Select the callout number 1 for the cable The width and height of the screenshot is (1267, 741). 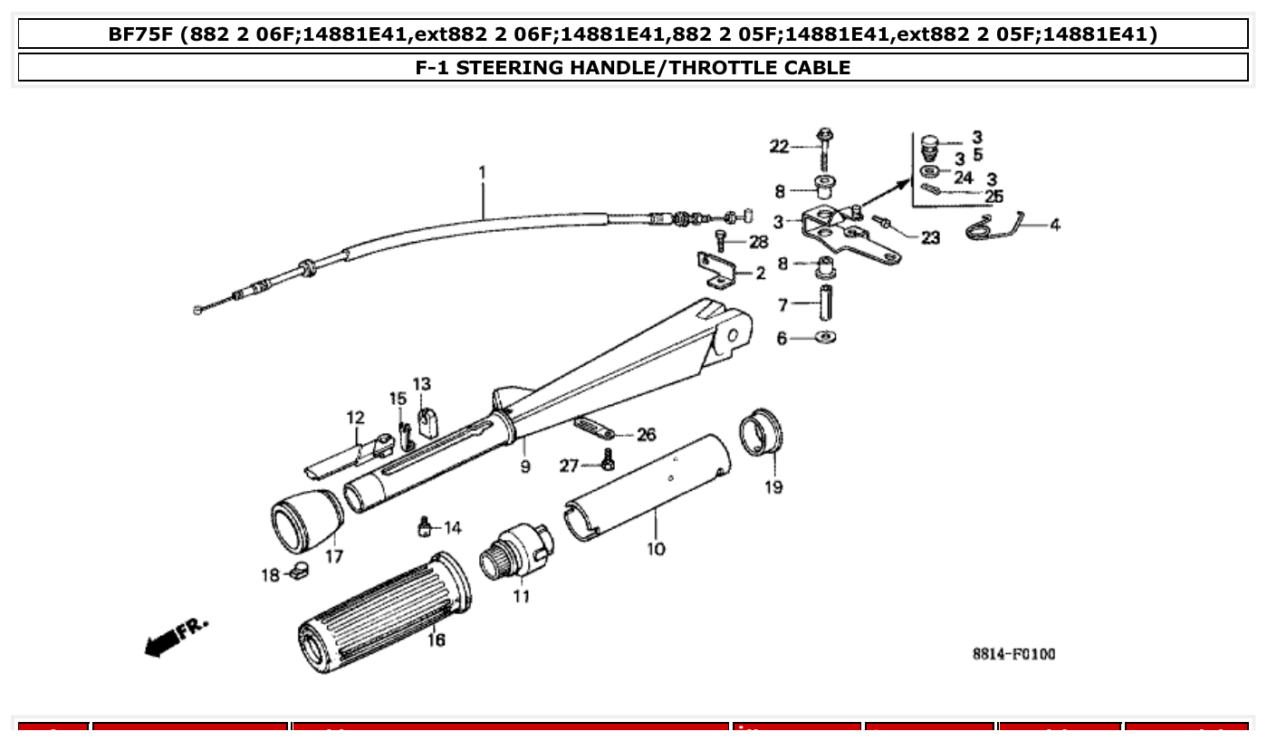483,171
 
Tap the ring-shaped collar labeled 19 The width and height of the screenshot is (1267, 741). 761,432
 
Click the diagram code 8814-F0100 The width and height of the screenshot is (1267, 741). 1013,654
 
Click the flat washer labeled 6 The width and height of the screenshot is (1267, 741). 824,338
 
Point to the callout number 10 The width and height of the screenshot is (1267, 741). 656,549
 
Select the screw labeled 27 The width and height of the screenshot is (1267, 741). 608,463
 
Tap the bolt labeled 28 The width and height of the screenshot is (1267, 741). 721,240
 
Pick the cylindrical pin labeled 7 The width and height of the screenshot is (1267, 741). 825,303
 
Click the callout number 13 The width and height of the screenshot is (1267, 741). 422,384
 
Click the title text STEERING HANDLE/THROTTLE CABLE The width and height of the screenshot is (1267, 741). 632,67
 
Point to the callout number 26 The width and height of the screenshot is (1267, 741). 646,435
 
